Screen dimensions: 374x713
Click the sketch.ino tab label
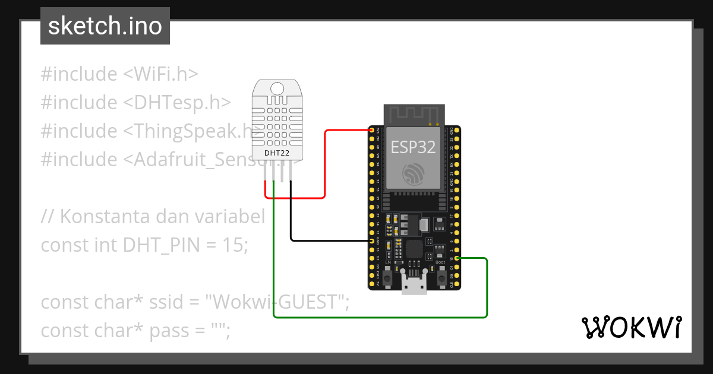click(x=105, y=26)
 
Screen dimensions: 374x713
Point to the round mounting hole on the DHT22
click(x=276, y=89)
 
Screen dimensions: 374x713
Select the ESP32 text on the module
click(x=413, y=147)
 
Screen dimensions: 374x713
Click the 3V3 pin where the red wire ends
click(x=372, y=130)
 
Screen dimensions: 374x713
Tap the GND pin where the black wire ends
click(x=372, y=241)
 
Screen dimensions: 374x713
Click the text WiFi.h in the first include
click(x=160, y=74)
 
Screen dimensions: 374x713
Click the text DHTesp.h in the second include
click(x=177, y=103)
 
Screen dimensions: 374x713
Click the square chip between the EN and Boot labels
click(x=414, y=249)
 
